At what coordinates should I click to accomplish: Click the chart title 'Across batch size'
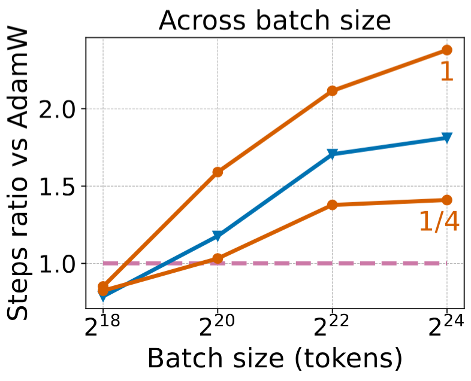[x=275, y=22]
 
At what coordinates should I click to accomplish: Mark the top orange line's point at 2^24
[x=446, y=50]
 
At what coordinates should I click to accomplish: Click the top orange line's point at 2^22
[x=332, y=91]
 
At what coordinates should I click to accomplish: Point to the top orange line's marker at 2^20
[x=218, y=172]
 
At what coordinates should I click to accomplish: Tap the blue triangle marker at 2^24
[x=446, y=138]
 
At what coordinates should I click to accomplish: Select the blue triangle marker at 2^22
[x=332, y=154]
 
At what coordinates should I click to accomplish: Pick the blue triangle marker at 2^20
[x=218, y=236]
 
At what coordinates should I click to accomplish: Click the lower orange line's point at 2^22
[x=332, y=205]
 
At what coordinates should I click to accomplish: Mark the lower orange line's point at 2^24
[x=446, y=200]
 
